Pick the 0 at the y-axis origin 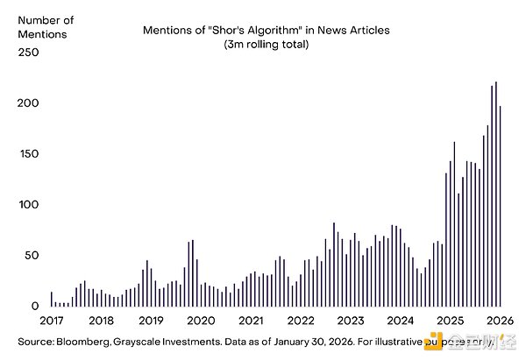click(35, 307)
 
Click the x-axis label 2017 click(52, 321)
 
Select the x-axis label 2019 click(152, 321)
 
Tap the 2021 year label click(252, 321)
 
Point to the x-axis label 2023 click(351, 321)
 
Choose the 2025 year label click(451, 321)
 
